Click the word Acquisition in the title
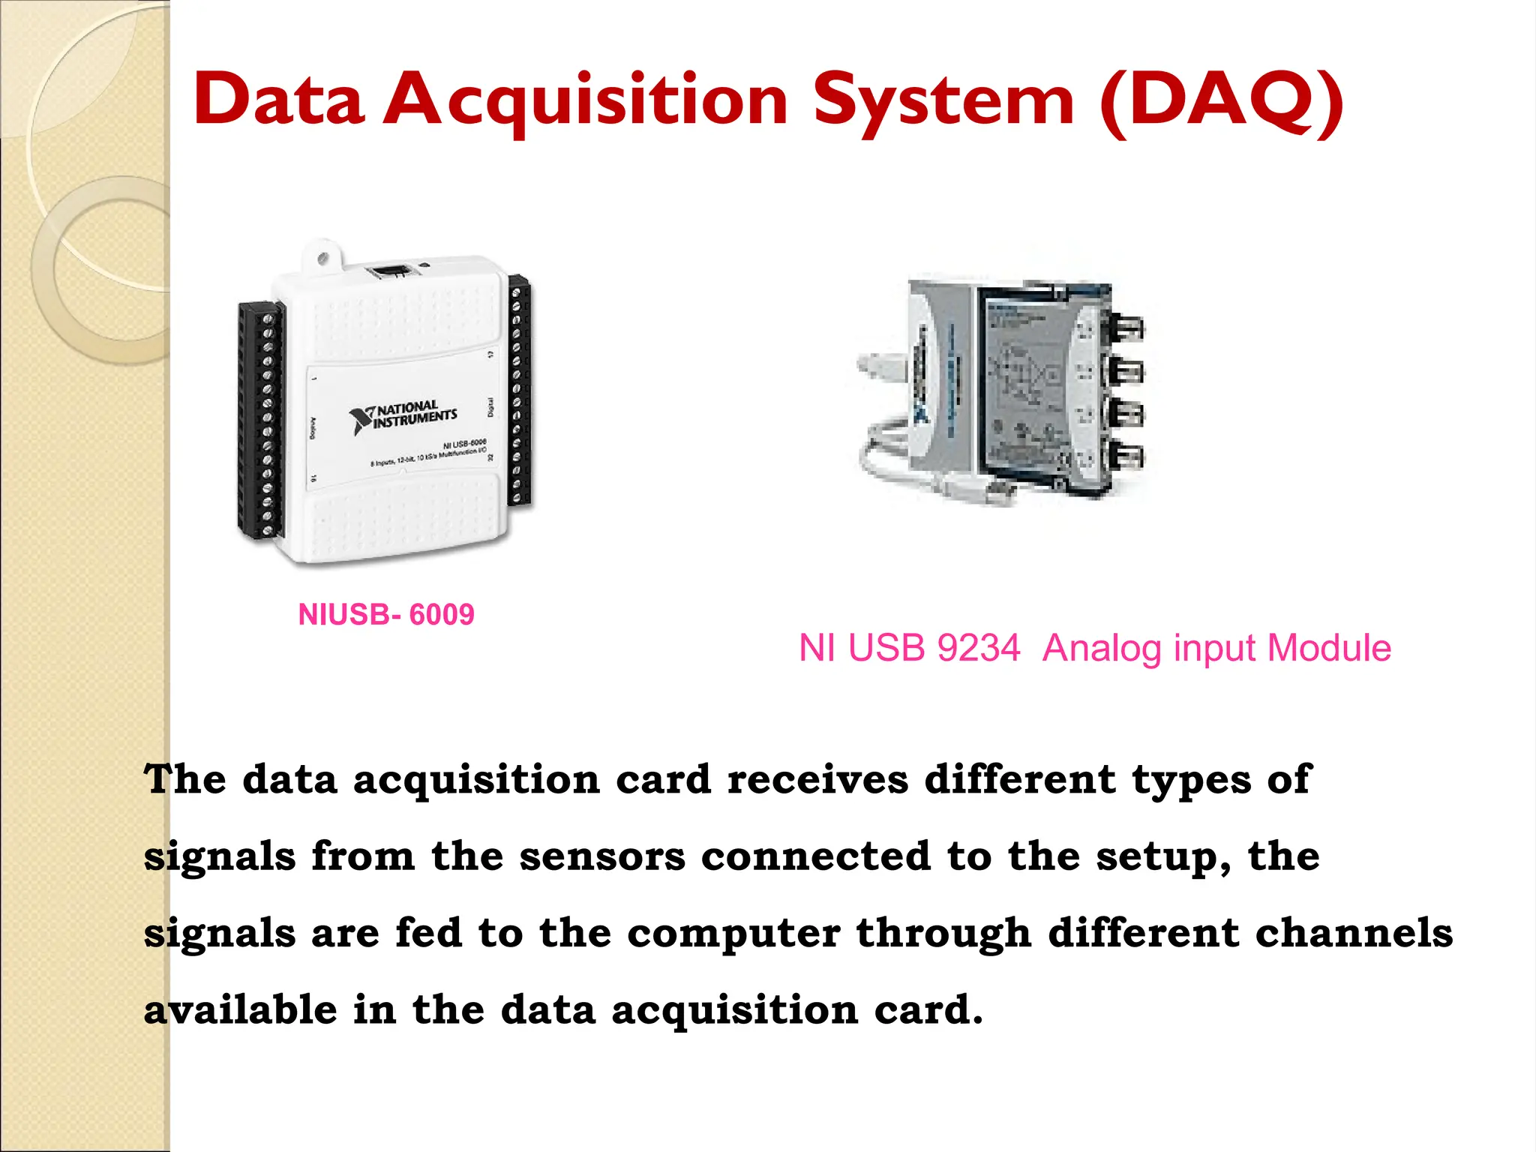point(585,101)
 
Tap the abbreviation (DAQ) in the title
point(1221,101)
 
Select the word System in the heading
point(944,101)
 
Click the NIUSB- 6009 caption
point(386,615)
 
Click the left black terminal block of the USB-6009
point(260,420)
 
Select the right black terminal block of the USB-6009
point(518,390)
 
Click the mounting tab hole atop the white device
point(323,259)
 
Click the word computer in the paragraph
point(733,934)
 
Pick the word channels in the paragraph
point(1354,934)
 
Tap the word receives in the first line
point(817,780)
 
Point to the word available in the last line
point(240,1010)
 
